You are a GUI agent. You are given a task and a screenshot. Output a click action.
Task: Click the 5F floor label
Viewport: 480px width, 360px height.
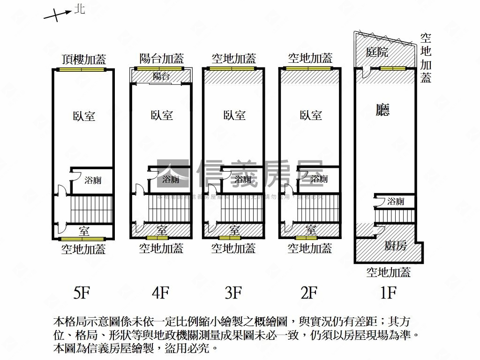81,293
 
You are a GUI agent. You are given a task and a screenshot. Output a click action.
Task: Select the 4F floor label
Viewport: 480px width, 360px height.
160,293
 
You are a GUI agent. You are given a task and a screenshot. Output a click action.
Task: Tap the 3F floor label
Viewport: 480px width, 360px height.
233,293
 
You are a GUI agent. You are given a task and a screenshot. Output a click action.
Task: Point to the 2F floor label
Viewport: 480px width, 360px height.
309,293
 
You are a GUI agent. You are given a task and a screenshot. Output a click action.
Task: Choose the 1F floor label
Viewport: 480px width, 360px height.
388,293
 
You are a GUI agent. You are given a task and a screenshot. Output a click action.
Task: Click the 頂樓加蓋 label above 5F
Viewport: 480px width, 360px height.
84,60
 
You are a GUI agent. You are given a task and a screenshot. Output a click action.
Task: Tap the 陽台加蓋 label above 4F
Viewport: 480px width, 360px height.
162,59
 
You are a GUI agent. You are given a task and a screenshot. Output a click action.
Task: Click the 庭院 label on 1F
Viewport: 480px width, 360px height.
377,52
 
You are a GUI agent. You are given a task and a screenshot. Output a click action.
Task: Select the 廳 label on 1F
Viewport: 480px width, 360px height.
382,110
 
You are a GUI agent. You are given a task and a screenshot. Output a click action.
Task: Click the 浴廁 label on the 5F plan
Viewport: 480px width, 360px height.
93,180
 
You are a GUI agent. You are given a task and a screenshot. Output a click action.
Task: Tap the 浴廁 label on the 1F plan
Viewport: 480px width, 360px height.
396,202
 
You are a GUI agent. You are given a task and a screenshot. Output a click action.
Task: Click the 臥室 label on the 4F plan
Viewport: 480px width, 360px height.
162,115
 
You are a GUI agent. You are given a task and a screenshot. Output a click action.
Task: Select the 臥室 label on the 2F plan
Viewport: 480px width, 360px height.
311,115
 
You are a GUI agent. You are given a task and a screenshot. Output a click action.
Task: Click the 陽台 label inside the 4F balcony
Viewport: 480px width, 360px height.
162,76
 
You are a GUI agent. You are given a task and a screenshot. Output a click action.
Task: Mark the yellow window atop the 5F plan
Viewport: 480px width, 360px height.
81,69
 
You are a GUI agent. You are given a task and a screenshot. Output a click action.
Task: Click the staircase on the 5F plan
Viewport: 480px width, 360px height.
91,209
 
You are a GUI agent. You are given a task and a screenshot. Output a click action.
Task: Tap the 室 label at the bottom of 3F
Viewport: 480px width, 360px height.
234,230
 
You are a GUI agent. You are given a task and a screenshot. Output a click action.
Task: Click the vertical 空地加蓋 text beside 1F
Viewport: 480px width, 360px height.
426,58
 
